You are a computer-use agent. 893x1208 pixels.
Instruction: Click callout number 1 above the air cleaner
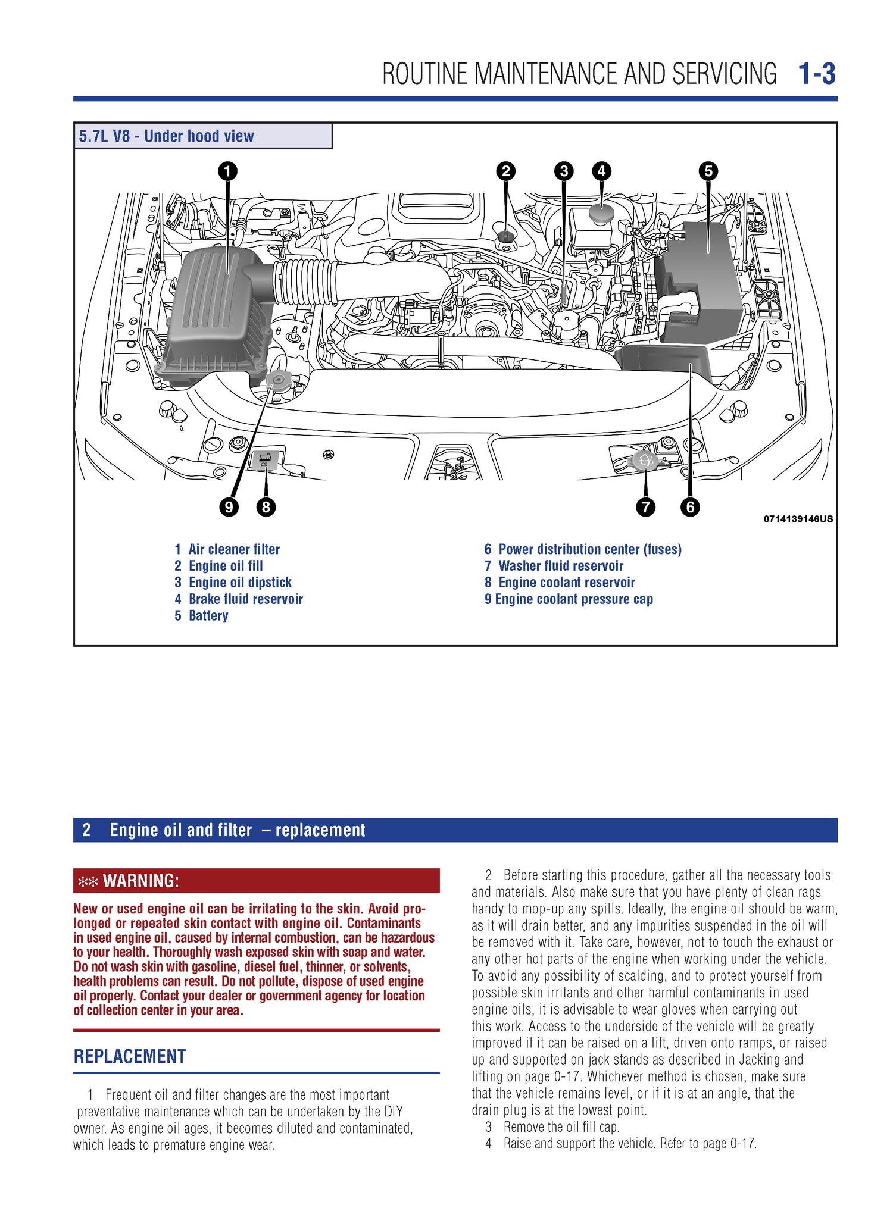click(227, 171)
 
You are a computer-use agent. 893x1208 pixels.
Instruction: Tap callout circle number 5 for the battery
click(708, 171)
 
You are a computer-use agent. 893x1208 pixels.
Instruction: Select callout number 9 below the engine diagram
click(229, 507)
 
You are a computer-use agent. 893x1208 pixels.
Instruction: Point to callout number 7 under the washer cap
click(645, 507)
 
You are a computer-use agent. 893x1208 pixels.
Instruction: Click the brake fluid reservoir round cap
click(601, 212)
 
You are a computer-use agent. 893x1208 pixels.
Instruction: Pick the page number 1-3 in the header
click(816, 74)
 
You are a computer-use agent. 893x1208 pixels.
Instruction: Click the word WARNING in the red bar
click(140, 881)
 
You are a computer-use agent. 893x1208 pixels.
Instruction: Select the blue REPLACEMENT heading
click(130, 1056)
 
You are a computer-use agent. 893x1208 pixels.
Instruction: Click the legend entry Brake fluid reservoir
click(245, 599)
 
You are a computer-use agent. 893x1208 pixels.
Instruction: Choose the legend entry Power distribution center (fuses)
click(589, 549)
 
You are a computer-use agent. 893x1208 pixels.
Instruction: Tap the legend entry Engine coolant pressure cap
click(573, 599)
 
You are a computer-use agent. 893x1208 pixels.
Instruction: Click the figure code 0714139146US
click(798, 519)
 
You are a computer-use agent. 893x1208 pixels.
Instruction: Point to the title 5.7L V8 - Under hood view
click(167, 136)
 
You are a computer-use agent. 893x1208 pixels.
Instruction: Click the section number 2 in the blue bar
click(86, 830)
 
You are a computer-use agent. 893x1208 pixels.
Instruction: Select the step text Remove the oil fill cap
click(561, 1126)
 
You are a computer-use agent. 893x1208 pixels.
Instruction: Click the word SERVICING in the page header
click(724, 74)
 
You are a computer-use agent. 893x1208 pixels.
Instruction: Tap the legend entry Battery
click(208, 616)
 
